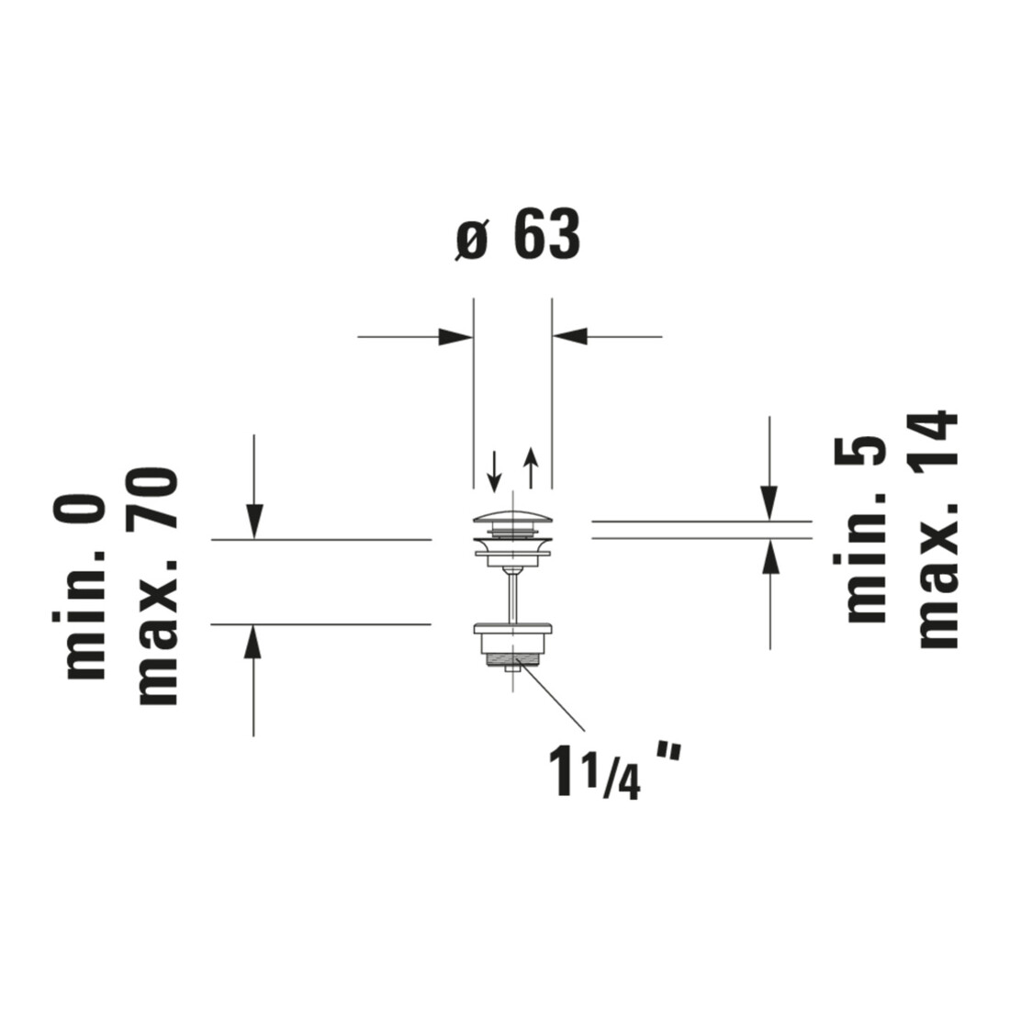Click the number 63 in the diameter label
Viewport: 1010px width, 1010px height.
coord(547,234)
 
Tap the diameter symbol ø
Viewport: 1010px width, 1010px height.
coord(472,239)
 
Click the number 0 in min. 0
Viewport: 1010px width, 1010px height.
coord(79,509)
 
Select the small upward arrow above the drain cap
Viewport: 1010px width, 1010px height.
coord(530,467)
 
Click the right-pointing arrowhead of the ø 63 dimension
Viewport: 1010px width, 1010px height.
coord(455,336)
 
